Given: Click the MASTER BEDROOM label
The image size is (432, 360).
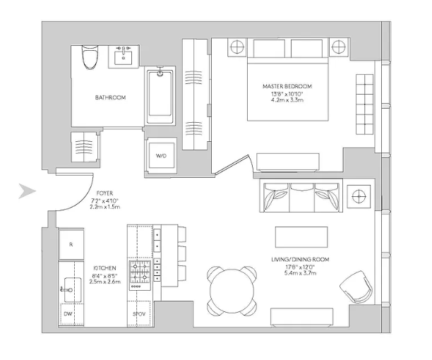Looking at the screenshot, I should coord(287,86).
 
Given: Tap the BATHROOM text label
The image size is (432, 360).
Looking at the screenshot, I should coord(110,97).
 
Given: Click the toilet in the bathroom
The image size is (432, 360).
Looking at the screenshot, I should coord(89,56).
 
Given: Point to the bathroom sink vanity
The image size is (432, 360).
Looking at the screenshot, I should coord(124,56).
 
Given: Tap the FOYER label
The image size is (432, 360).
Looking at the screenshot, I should coord(104,192).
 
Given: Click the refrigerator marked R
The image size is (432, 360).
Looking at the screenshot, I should coord(71,244).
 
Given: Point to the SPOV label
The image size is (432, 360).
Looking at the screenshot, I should coord(138,313).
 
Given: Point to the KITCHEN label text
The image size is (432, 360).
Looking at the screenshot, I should coord(104,268).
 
